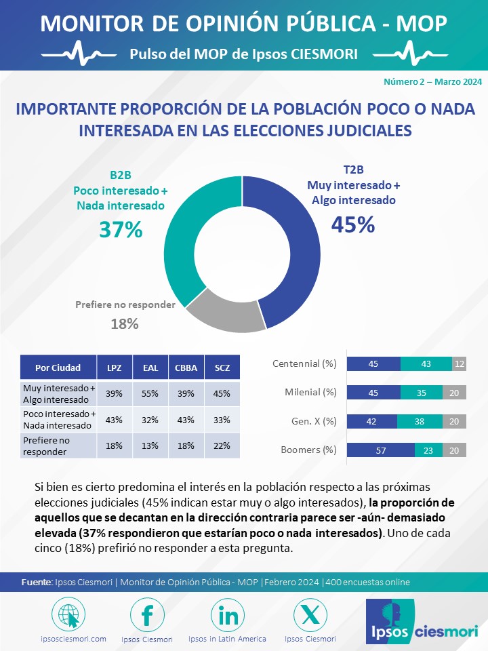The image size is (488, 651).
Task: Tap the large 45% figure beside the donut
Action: [x=352, y=224]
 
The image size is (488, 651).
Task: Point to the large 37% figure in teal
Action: [x=121, y=230]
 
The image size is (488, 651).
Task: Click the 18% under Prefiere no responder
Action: [x=124, y=323]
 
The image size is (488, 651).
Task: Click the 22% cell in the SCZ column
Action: [x=221, y=445]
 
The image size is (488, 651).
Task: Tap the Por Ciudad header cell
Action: [x=58, y=368]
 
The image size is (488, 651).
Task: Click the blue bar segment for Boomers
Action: [x=380, y=450]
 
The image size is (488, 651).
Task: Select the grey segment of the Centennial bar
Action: [x=459, y=363]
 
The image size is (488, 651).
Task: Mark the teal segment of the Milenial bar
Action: [x=421, y=392]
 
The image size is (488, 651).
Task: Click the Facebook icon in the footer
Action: [x=147, y=615]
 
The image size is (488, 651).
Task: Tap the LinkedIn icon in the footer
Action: [x=228, y=615]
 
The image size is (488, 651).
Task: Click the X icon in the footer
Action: [x=310, y=615]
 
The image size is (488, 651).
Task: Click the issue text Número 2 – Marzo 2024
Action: [x=432, y=81]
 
